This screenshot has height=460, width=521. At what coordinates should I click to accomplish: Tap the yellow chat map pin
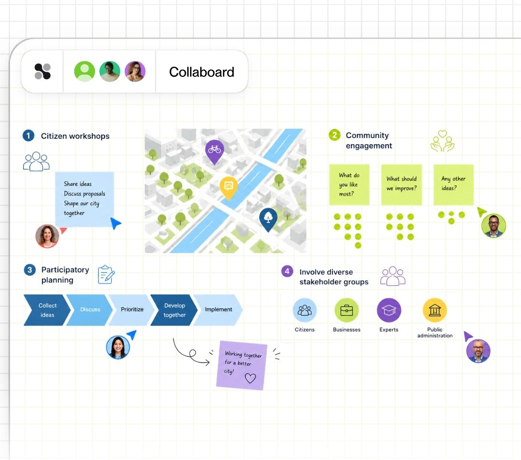tap(229, 187)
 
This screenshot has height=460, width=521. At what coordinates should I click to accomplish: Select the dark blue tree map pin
tap(268, 219)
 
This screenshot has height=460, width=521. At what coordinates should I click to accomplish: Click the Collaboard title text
tap(202, 72)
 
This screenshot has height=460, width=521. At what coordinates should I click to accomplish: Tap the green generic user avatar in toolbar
tap(84, 71)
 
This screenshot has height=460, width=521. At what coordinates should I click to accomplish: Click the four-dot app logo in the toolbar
tap(42, 71)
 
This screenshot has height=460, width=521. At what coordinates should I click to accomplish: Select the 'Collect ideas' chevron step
tap(47, 310)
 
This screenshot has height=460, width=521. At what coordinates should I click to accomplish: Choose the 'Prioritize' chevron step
tap(132, 310)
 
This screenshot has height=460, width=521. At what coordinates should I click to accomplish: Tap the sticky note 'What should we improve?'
tap(401, 184)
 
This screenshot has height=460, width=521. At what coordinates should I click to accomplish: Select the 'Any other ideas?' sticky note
tap(453, 184)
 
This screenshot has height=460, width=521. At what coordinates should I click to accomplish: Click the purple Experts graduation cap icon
tap(389, 310)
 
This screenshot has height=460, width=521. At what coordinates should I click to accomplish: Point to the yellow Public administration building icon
tap(435, 310)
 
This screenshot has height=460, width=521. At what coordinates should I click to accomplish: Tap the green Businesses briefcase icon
tap(346, 310)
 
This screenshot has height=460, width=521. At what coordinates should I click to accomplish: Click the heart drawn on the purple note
tap(250, 378)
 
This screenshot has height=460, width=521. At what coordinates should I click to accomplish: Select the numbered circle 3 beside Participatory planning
tap(29, 269)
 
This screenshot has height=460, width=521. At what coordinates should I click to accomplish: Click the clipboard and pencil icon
tap(106, 275)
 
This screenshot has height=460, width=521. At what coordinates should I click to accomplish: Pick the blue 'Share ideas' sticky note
tap(84, 199)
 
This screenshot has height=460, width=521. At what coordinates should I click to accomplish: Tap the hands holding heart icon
tap(442, 141)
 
